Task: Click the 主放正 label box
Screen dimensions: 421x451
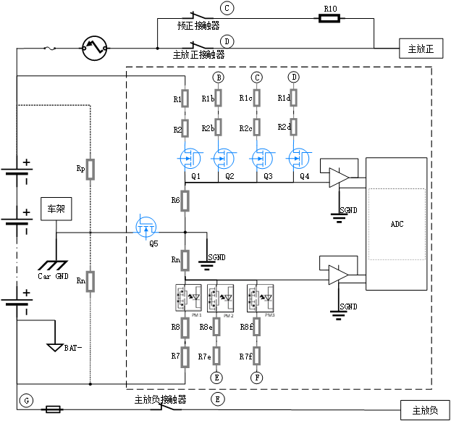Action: [x=421, y=49]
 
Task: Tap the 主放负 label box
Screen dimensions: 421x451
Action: [x=425, y=410]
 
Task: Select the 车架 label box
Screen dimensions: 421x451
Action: [x=56, y=209]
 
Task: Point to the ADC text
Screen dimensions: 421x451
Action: [x=397, y=225]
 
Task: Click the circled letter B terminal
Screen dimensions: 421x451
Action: [x=218, y=77]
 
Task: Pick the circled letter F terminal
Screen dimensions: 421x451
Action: [x=256, y=378]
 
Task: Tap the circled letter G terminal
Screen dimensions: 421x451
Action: [x=26, y=400]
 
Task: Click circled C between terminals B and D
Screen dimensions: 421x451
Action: [x=256, y=77]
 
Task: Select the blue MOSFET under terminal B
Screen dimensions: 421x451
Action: [x=222, y=158]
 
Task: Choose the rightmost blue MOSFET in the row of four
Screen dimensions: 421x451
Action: [x=298, y=158]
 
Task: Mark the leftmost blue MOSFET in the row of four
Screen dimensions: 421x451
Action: [x=190, y=158]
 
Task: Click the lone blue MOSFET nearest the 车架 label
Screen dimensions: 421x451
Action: [x=146, y=227]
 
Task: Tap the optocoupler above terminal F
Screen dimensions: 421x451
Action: [x=261, y=297]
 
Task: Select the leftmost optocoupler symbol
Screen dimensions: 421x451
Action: [x=188, y=297]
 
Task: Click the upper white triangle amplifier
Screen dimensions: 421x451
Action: [x=337, y=178]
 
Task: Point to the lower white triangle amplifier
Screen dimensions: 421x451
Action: [x=337, y=275]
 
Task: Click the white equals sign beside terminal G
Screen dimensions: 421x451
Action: [x=53, y=409]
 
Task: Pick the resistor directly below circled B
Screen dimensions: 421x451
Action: [x=218, y=97]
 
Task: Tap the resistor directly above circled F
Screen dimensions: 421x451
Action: [x=256, y=355]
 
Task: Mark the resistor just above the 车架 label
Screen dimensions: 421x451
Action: [x=90, y=170]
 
